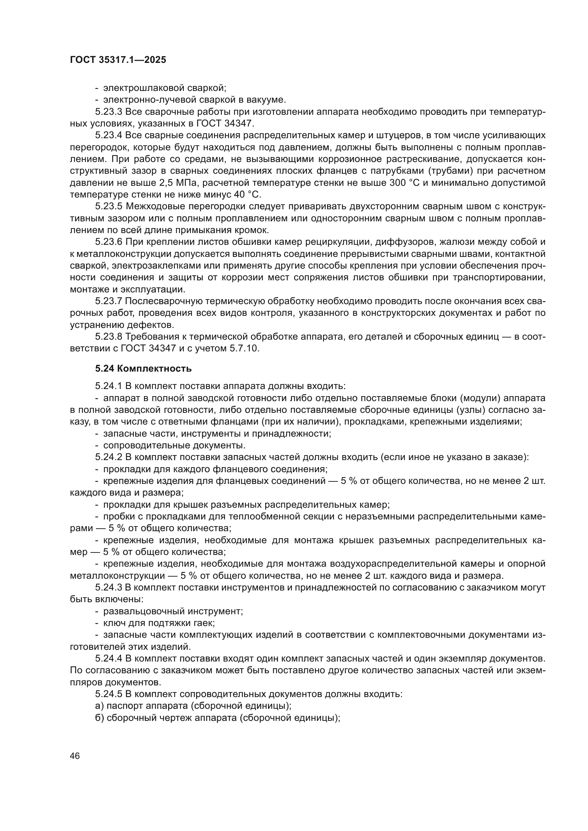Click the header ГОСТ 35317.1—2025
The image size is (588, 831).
pos(118,60)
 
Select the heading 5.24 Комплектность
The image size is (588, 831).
pos(143,368)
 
